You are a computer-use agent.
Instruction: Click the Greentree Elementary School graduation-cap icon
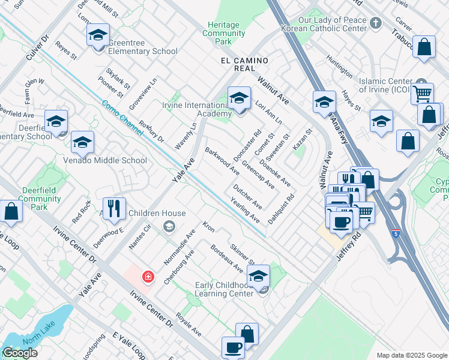pyautogui.click(x=98, y=35)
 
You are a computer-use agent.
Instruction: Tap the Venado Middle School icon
pyautogui.click(x=82, y=143)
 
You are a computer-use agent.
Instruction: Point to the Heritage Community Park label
pyautogui.click(x=223, y=34)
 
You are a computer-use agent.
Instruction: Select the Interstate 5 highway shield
pyautogui.click(x=395, y=233)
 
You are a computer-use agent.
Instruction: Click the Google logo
pyautogui.click(x=20, y=353)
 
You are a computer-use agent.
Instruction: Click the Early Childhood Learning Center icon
pyautogui.click(x=258, y=277)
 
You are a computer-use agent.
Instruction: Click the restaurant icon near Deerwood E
pyautogui.click(x=114, y=208)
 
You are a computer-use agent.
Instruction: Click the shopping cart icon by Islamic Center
pyautogui.click(x=422, y=94)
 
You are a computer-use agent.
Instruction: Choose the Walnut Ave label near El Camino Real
pyautogui.click(x=274, y=89)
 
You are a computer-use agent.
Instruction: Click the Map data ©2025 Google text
pyautogui.click(x=412, y=355)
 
